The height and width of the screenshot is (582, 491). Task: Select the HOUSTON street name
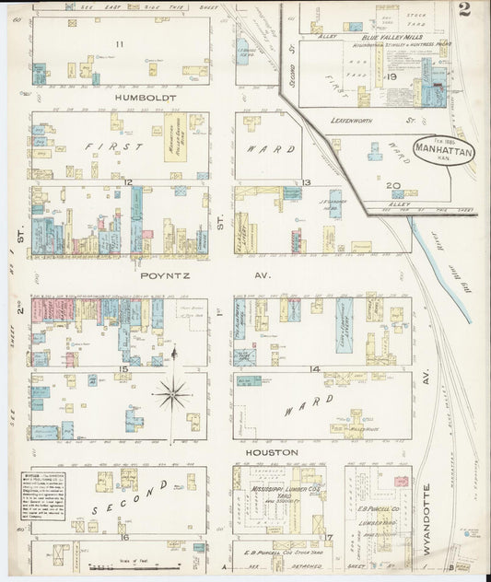270,452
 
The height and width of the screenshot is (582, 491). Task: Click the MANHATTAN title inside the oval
444,145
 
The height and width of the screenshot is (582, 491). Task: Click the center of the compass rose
172,394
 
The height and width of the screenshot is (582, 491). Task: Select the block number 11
119,44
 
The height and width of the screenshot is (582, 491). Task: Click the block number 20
393,186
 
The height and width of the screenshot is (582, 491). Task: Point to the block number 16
123,536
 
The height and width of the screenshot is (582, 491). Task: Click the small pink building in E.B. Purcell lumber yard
400,482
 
